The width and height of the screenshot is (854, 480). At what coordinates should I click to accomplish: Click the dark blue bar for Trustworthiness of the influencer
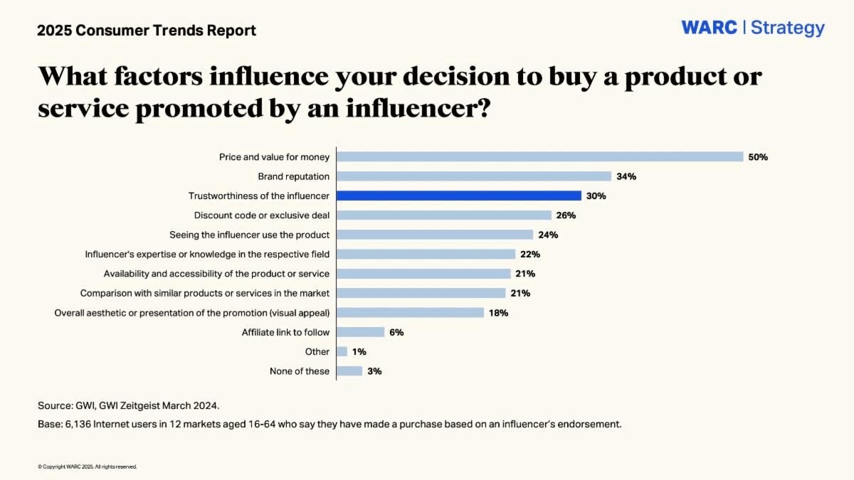[459, 196]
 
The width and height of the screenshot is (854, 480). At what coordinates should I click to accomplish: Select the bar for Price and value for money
[539, 156]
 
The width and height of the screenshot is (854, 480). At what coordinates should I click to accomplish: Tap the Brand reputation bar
[474, 176]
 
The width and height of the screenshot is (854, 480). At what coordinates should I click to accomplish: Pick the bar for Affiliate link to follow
[361, 332]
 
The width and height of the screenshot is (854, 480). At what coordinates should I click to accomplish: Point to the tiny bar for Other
[342, 351]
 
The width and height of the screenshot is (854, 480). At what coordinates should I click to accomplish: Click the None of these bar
[349, 371]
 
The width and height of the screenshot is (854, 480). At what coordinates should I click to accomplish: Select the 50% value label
[758, 157]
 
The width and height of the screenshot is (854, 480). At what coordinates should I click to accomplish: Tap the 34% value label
[626, 176]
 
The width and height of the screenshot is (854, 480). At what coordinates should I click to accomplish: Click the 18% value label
[498, 313]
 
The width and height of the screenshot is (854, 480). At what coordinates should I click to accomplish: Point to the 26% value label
[566, 215]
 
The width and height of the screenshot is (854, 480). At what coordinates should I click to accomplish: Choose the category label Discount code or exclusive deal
[262, 215]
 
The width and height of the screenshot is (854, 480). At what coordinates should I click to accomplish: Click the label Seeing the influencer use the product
[249, 235]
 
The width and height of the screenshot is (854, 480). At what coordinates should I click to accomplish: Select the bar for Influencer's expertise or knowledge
[426, 254]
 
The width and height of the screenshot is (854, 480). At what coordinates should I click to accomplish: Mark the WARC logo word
[709, 28]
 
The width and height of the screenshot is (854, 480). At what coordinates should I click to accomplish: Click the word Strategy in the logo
[788, 28]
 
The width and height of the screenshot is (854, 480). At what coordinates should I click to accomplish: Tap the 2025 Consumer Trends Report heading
[147, 31]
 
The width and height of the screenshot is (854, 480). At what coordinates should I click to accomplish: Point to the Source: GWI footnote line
[129, 405]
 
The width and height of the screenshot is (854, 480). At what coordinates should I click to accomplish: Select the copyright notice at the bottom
[87, 466]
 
